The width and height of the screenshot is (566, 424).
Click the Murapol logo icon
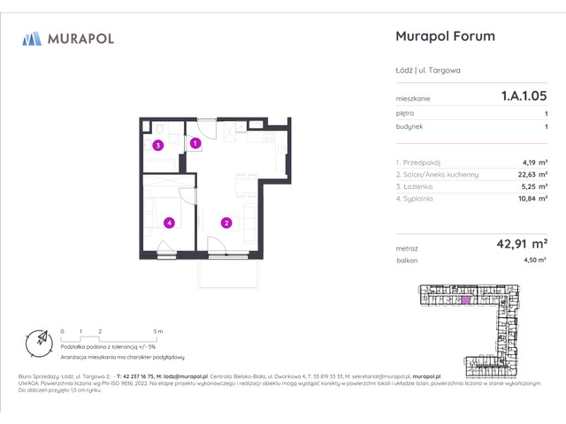32,38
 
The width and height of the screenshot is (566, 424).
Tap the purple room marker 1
195,142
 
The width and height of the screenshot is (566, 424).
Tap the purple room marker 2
226,223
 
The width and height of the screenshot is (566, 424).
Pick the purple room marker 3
157,146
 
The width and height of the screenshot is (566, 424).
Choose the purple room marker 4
167,223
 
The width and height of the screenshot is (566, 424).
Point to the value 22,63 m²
533,174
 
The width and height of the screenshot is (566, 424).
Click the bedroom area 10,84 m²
533,199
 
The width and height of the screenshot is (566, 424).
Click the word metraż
408,249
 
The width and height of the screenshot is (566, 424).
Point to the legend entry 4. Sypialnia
419,199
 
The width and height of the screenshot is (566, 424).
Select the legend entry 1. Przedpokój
422,162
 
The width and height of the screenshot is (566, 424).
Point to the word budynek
409,126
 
